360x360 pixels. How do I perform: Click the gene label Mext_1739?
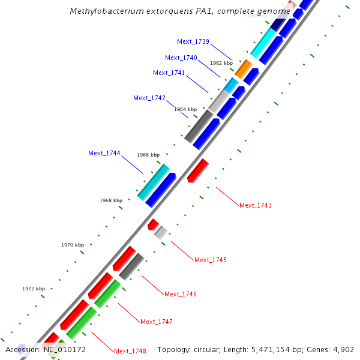coord(193,41)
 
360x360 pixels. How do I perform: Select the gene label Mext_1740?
coord(181,58)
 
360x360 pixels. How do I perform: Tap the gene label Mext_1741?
coord(169,73)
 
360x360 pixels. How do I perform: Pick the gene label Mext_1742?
coord(149,98)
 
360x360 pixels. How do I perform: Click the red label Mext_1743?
coord(256,205)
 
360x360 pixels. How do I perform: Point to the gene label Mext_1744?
coord(104,153)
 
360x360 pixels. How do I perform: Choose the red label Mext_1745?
coord(211,260)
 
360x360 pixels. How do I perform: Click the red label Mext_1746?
coord(181,294)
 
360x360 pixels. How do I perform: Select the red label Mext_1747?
coord(157,322)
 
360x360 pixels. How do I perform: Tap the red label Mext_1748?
coord(130,351)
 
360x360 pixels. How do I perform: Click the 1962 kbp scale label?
coord(221,63)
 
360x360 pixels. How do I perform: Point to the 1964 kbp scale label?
coord(185,109)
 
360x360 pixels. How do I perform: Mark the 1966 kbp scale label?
coord(148,155)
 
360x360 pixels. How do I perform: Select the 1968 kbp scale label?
coord(111,200)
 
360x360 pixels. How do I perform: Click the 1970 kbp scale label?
coord(73,245)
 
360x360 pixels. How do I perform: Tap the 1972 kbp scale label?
coord(34,289)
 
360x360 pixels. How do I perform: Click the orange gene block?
coord(244,68)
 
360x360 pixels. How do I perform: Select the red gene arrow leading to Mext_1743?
coord(197,171)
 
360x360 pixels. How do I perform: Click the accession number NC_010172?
coord(64,349)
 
